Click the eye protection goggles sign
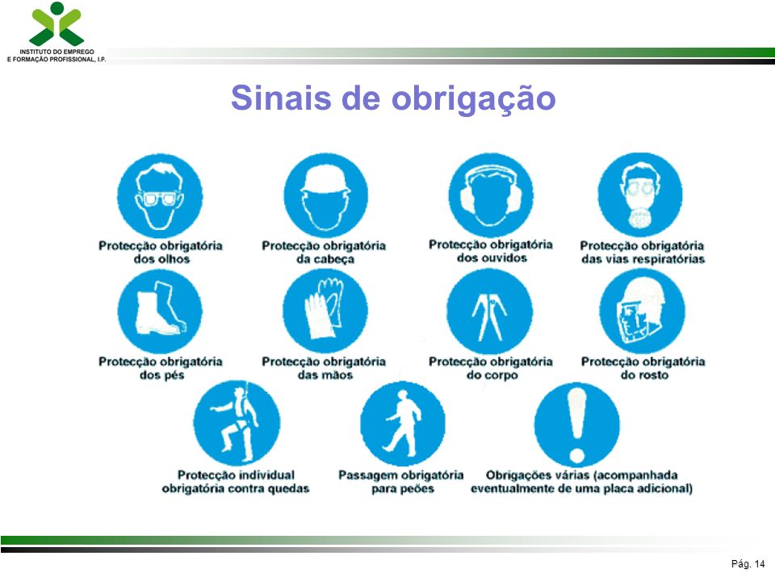(160, 196)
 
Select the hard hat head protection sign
(325, 195)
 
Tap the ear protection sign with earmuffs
(491, 195)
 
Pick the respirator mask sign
(640, 194)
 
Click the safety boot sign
(160, 311)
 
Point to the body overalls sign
(490, 311)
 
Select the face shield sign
(642, 311)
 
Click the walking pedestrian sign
(403, 424)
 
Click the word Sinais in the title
(281, 98)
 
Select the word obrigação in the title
(474, 98)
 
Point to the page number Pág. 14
(748, 564)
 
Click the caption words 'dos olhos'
(161, 259)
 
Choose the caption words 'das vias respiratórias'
(643, 259)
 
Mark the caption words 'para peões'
(403, 489)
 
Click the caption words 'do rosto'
(644, 375)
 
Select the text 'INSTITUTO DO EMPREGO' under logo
(57, 52)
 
